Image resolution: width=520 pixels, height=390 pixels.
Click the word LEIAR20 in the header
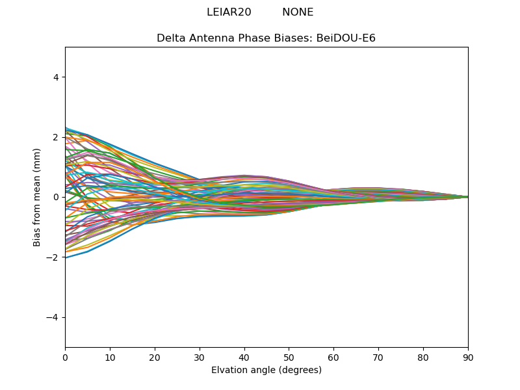click(x=229, y=12)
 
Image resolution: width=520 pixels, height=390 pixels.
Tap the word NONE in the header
click(x=298, y=12)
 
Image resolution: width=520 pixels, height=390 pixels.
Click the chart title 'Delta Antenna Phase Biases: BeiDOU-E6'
click(x=266, y=38)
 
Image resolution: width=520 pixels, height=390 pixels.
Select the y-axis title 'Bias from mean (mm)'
click(x=38, y=197)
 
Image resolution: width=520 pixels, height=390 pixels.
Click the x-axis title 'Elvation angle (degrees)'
click(x=266, y=370)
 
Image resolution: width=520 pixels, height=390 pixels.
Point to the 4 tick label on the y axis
click(x=57, y=77)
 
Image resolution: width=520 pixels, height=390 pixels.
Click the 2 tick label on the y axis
click(x=57, y=137)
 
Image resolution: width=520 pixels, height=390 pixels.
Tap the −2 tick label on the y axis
click(x=54, y=257)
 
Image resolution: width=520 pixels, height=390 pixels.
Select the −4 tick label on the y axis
click(x=54, y=317)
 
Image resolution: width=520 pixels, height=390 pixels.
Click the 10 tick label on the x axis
click(x=110, y=357)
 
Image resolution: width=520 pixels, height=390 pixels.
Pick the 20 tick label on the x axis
click(x=155, y=357)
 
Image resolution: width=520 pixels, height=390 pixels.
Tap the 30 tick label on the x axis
click(x=200, y=357)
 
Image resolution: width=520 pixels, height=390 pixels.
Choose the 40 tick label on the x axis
click(x=244, y=357)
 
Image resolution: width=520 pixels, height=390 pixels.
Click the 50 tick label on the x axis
click(x=289, y=357)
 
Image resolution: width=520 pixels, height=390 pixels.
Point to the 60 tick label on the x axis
click(x=333, y=357)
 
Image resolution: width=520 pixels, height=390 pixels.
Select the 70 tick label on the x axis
click(x=378, y=357)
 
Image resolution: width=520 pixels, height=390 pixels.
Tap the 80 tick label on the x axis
click(x=423, y=357)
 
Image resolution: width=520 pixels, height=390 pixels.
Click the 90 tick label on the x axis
click(x=468, y=357)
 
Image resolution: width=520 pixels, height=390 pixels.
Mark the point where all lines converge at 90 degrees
click(x=467, y=197)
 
